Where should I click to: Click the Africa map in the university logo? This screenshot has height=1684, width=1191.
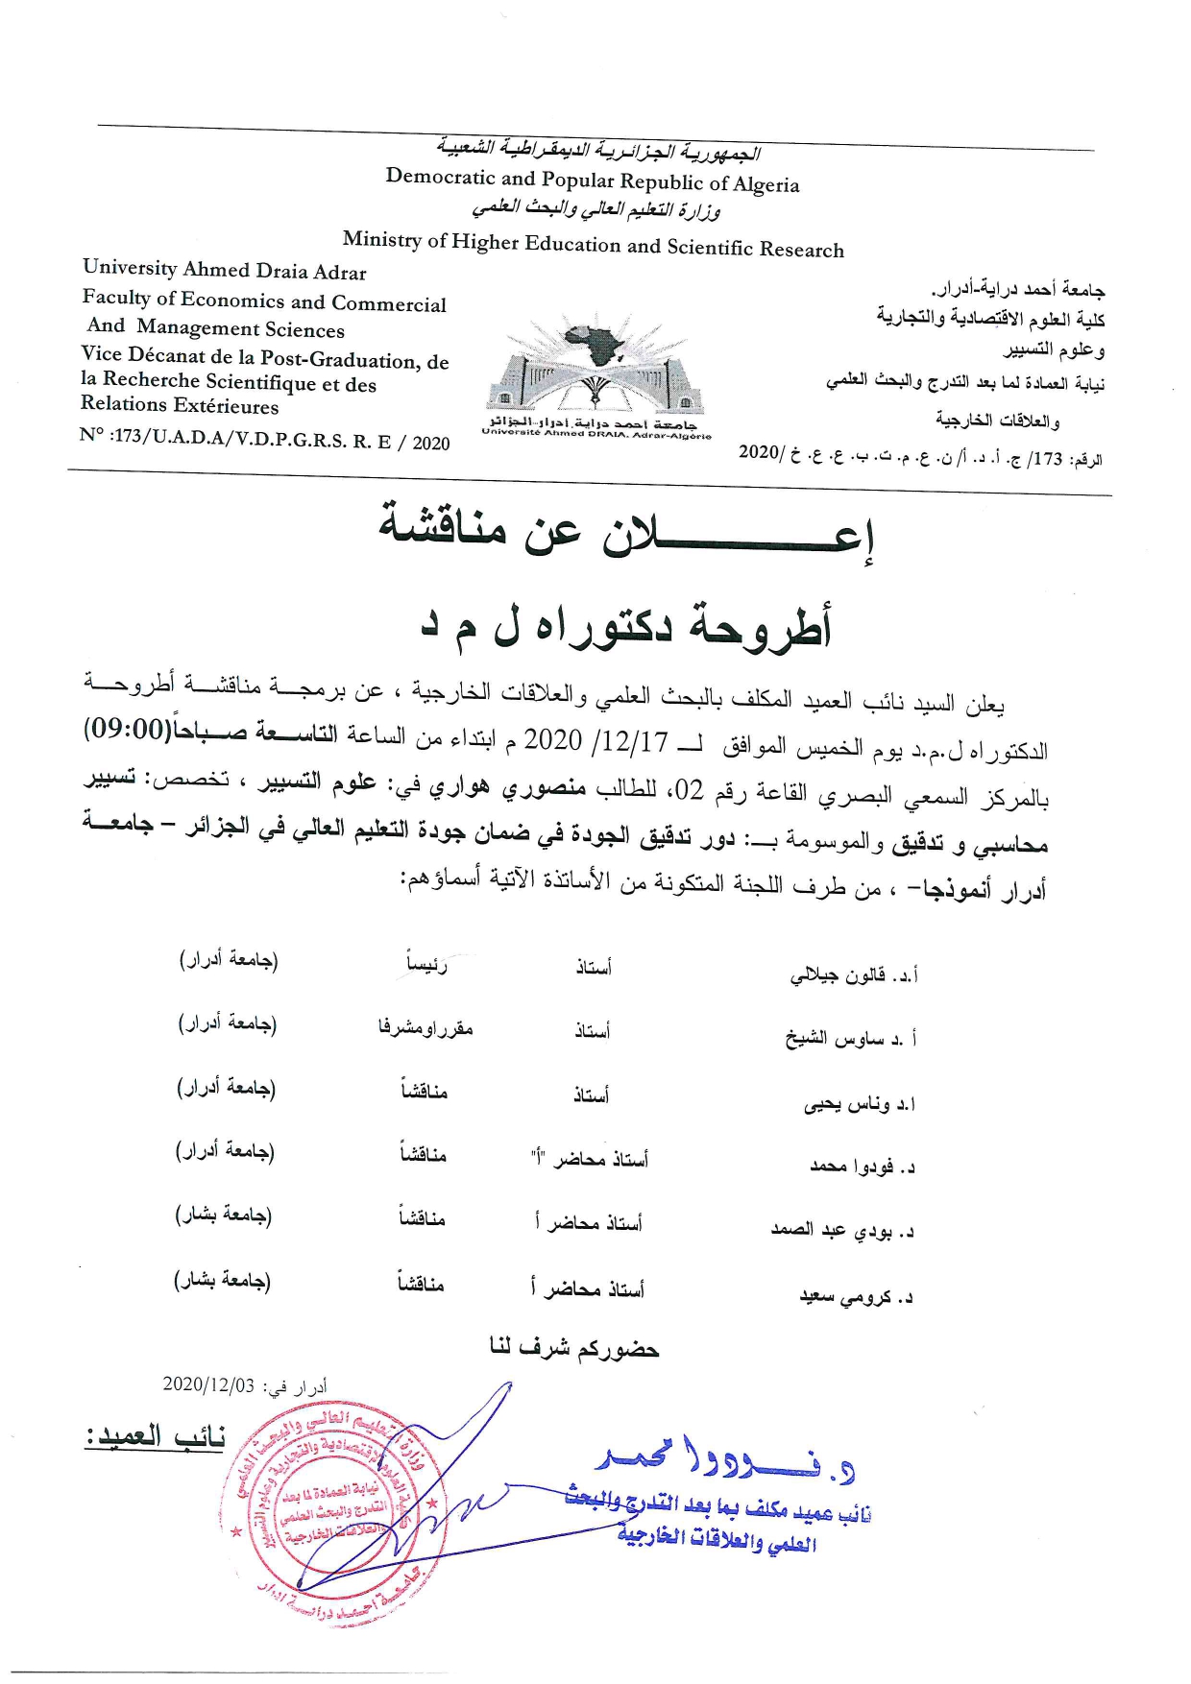(x=595, y=343)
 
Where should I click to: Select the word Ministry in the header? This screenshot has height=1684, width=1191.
(x=382, y=238)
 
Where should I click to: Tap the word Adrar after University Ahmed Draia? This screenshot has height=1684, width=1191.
(x=341, y=273)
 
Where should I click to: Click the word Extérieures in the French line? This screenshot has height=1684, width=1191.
(x=228, y=406)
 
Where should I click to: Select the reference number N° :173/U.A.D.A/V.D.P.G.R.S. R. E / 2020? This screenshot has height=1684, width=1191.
(x=265, y=441)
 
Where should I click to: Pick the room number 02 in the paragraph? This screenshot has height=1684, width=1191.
(x=689, y=790)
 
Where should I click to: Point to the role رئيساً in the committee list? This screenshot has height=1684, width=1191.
(x=426, y=964)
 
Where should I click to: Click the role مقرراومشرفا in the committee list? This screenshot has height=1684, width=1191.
(x=425, y=1028)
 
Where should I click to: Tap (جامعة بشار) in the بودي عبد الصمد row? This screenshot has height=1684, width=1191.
(x=223, y=1215)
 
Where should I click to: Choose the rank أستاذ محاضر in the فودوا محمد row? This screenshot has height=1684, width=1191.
(x=589, y=1159)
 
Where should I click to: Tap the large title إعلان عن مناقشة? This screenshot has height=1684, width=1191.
(x=624, y=532)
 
